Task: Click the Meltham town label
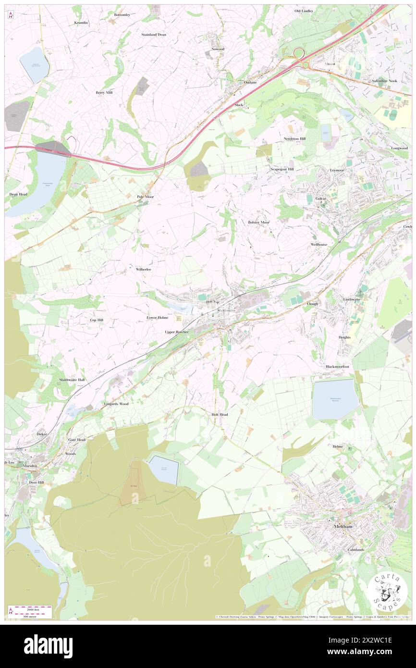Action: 343,527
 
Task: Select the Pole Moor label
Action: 146,197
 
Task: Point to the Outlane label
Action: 250,82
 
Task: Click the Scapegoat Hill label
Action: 281,169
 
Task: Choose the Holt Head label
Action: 220,414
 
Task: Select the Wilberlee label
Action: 144,270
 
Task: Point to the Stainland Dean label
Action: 154,35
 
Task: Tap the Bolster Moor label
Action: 258,223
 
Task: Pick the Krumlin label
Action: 81,23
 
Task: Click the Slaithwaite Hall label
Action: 72,380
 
